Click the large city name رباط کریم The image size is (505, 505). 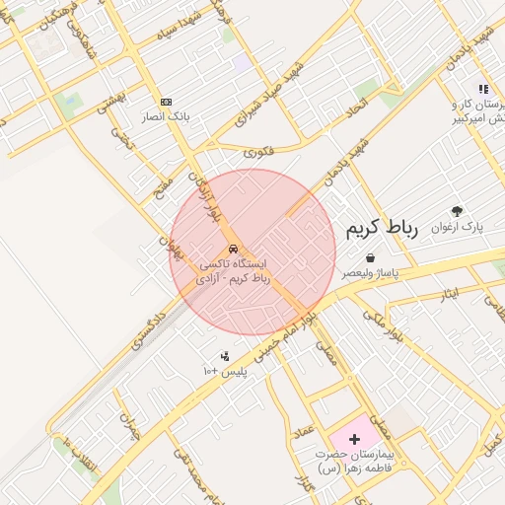(382, 228)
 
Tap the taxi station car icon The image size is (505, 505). (233, 250)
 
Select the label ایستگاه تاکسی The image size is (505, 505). (234, 264)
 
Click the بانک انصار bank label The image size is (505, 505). (166, 116)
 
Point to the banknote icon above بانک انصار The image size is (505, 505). (166, 102)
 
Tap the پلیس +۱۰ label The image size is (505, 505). (223, 371)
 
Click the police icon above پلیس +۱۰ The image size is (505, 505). (225, 356)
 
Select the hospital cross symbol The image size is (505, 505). (355, 437)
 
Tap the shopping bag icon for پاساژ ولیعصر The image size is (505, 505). (369, 257)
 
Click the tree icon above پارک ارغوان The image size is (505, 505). (457, 211)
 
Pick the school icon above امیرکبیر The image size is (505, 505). (483, 90)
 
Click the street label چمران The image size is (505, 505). (129, 425)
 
